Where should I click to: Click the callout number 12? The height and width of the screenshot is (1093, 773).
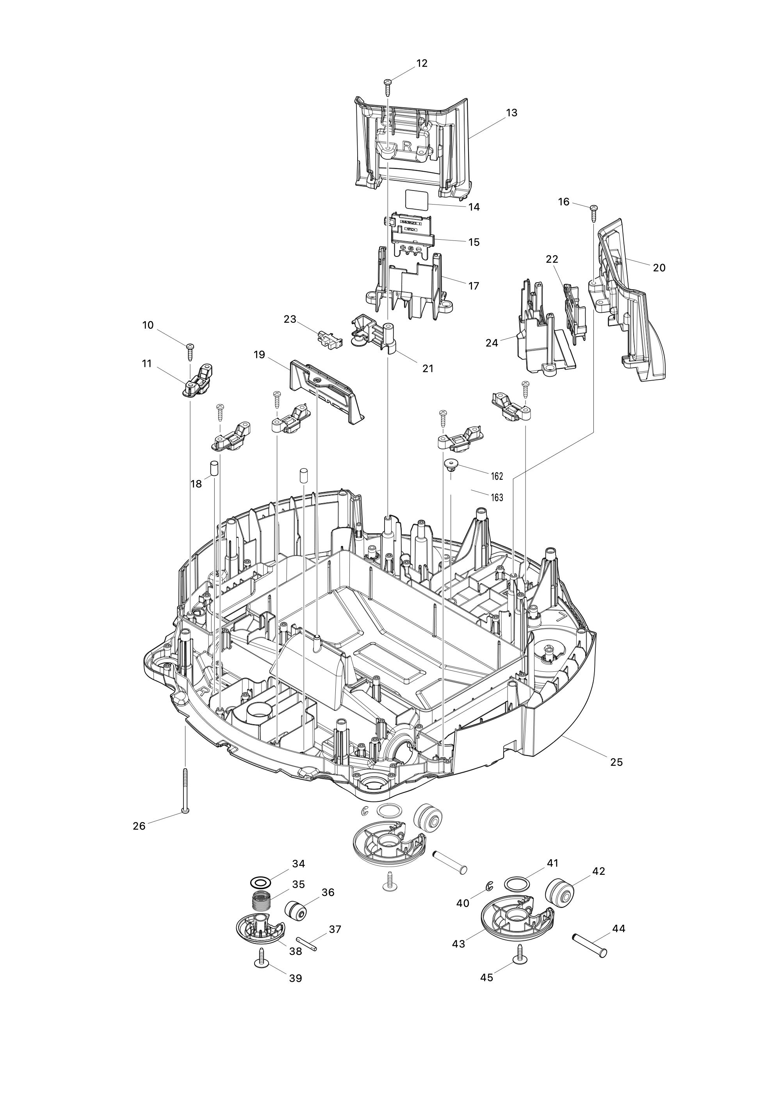tap(422, 63)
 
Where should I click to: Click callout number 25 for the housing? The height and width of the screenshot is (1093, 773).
tap(616, 762)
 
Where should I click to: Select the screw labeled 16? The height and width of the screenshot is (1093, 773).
tap(594, 213)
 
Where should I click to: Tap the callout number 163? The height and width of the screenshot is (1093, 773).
tap(497, 497)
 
